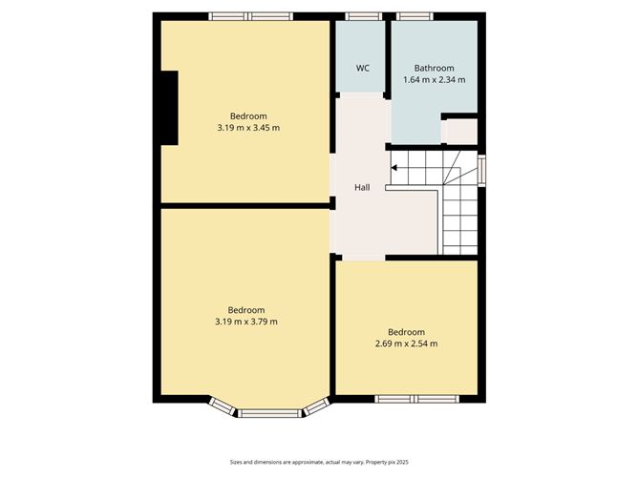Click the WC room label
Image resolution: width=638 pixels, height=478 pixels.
click(x=363, y=68)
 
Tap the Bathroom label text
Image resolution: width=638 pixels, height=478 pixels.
click(x=435, y=68)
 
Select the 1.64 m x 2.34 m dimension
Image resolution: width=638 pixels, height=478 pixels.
click(x=435, y=80)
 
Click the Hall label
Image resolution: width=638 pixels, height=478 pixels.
click(x=362, y=187)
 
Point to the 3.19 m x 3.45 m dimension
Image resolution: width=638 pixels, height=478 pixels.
click(x=248, y=128)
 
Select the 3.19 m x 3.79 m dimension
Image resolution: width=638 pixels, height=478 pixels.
click(x=246, y=322)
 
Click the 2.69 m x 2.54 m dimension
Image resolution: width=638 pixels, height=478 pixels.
click(x=407, y=343)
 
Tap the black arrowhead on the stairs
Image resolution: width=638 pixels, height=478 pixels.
click(x=393, y=168)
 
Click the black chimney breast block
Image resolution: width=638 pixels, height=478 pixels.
click(x=170, y=108)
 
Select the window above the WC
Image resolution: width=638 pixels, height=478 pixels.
click(x=364, y=16)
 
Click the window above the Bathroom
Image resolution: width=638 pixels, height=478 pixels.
click(x=415, y=16)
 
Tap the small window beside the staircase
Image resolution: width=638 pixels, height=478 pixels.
click(x=481, y=171)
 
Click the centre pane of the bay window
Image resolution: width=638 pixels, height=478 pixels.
click(x=269, y=413)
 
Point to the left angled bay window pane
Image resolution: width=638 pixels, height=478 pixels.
click(x=223, y=406)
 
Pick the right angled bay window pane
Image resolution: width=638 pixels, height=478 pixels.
click(x=316, y=406)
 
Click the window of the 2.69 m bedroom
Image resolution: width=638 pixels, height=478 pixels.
click(x=416, y=399)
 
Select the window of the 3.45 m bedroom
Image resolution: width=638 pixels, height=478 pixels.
click(x=251, y=16)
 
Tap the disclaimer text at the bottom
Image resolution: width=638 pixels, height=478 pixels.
click(x=319, y=462)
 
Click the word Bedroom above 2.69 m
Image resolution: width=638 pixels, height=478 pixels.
click(x=406, y=332)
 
